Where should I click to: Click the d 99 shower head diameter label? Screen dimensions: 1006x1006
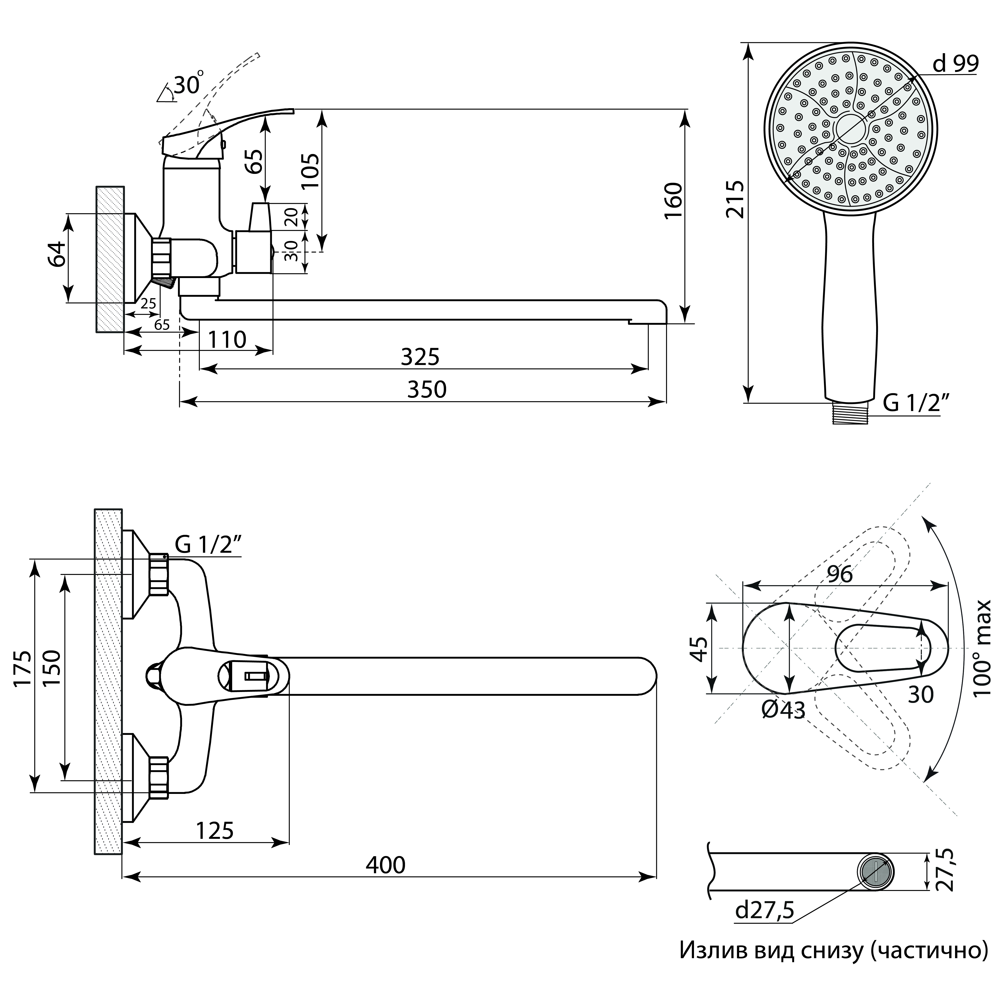point(955,63)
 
